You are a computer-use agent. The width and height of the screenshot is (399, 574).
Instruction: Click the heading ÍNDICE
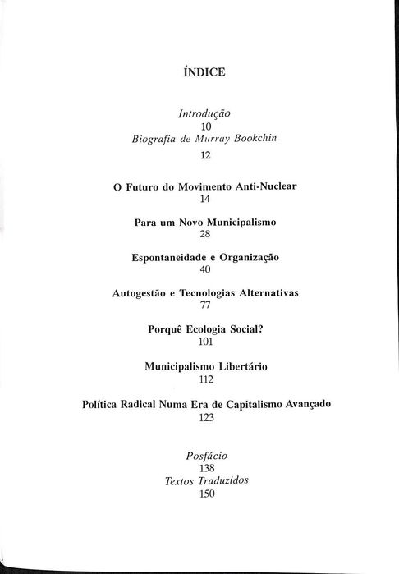[x=205, y=73]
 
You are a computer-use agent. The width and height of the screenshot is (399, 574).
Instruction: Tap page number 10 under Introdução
[x=205, y=126]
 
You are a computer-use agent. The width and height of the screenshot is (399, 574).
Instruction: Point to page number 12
[x=205, y=154]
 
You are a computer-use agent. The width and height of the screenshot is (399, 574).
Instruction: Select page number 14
[x=205, y=199]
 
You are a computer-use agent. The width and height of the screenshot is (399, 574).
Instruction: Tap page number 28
[x=205, y=234]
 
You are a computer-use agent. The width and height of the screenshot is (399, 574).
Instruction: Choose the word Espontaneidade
[x=168, y=257]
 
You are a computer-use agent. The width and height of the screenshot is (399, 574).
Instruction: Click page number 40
[x=205, y=269]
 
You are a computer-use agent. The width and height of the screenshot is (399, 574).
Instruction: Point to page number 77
[x=205, y=305]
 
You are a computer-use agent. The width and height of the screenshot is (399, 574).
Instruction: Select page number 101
[x=205, y=340]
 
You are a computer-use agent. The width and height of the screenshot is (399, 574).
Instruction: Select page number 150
[x=205, y=494]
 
